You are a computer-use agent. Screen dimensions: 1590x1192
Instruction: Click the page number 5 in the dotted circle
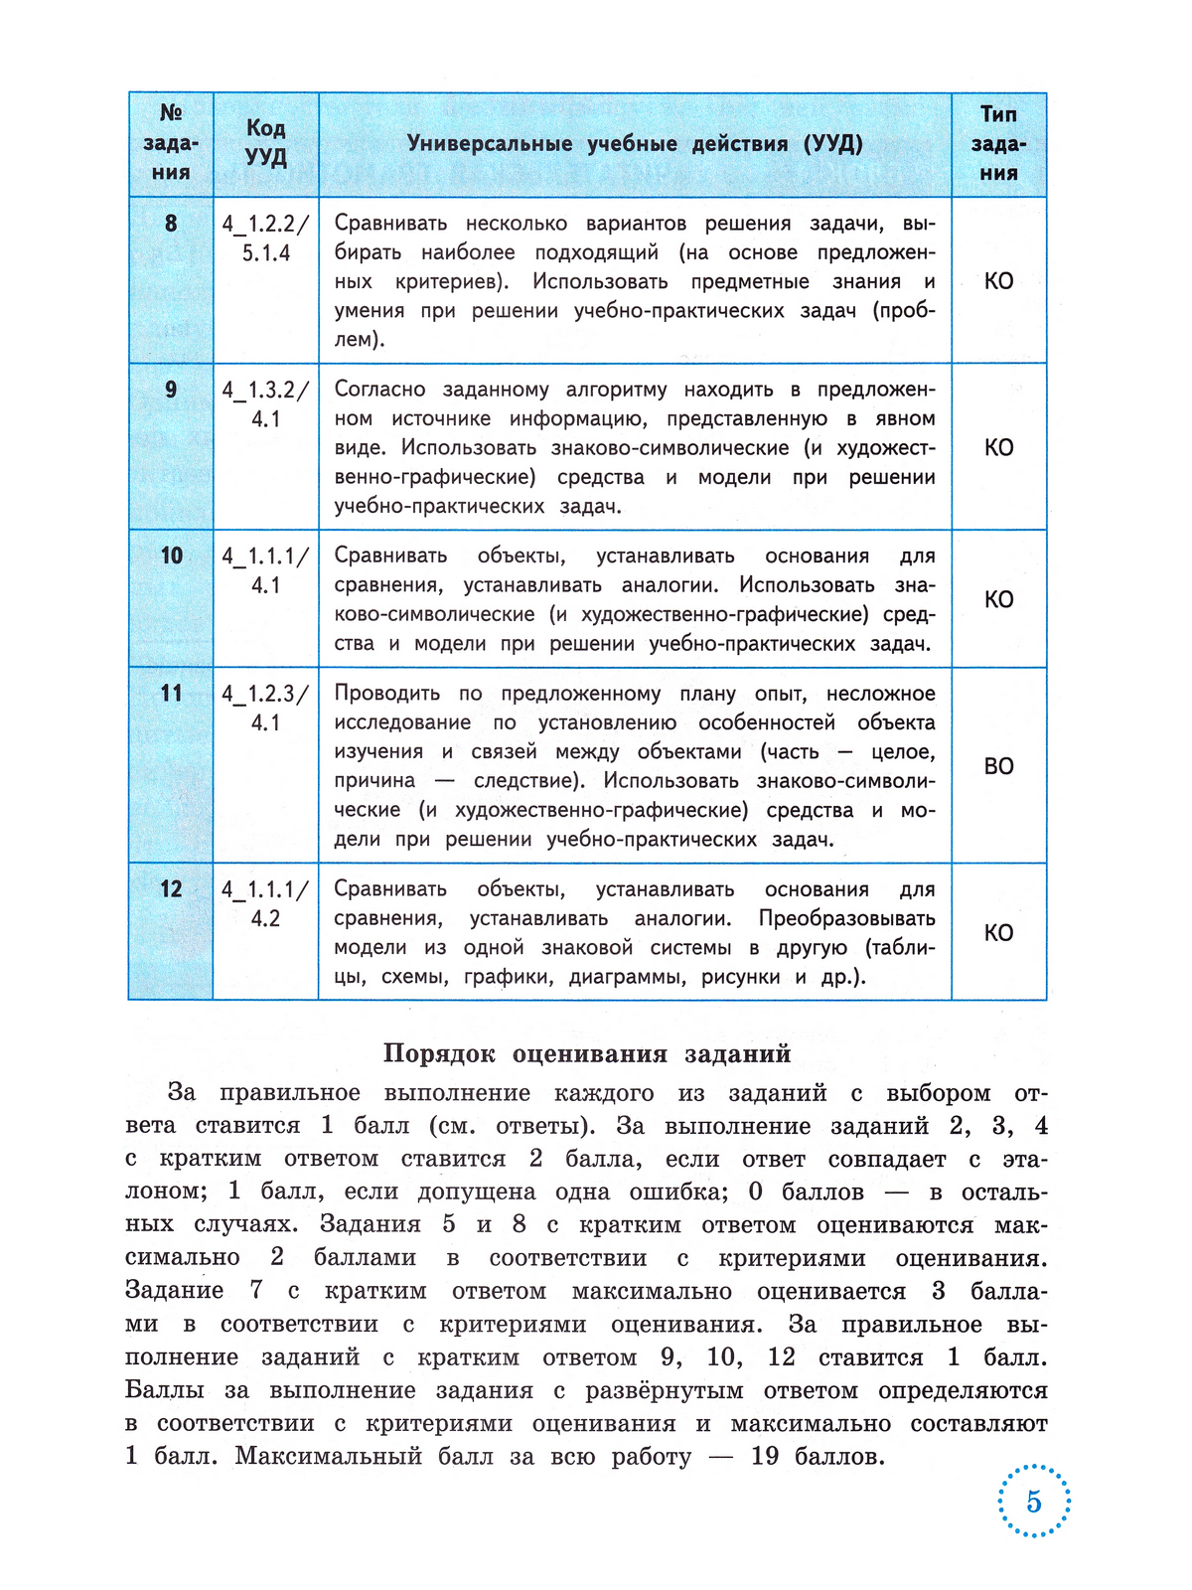coord(1033,1501)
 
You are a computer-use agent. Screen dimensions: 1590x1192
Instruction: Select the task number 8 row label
coord(171,224)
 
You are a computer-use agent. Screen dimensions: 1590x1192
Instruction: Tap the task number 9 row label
coord(171,390)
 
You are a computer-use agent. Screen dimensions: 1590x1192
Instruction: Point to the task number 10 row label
coord(171,556)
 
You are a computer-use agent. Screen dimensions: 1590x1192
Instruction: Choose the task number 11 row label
coord(171,693)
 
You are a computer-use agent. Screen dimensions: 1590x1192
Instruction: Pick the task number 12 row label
coord(171,888)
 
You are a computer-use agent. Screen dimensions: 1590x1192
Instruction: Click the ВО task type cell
coord(998,766)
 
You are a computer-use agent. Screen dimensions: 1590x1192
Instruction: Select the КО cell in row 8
coord(998,281)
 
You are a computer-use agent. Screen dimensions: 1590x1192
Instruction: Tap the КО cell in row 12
coord(998,933)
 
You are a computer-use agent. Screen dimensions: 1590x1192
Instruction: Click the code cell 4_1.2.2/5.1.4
coord(265,238)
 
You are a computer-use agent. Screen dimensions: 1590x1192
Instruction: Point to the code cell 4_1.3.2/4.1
coord(265,404)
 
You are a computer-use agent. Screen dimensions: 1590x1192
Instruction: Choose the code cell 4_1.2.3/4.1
coord(265,708)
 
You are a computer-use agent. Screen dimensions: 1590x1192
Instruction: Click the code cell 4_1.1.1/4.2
coord(265,903)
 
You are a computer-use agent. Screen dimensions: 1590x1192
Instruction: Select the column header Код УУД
coord(265,143)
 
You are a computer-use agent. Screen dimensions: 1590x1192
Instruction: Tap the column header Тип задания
coord(998,143)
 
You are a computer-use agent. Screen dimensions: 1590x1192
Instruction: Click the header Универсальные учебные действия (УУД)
coord(635,144)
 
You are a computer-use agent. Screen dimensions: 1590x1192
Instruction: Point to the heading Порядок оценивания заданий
coord(587,1053)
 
